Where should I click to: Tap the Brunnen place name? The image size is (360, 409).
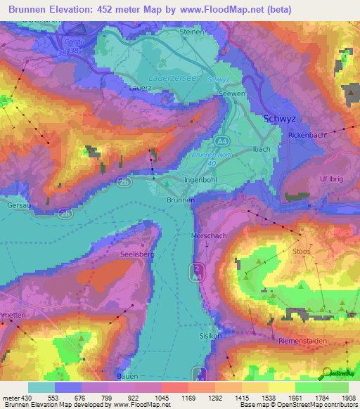[x=181, y=200]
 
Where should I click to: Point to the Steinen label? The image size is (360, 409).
[x=192, y=32]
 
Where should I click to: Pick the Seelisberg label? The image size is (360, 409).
[x=136, y=254]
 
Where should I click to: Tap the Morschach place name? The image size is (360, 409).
[x=210, y=236]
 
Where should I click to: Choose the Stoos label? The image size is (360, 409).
[x=301, y=249]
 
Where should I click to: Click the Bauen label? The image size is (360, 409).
[x=127, y=377]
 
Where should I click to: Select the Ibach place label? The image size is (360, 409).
[x=262, y=149]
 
